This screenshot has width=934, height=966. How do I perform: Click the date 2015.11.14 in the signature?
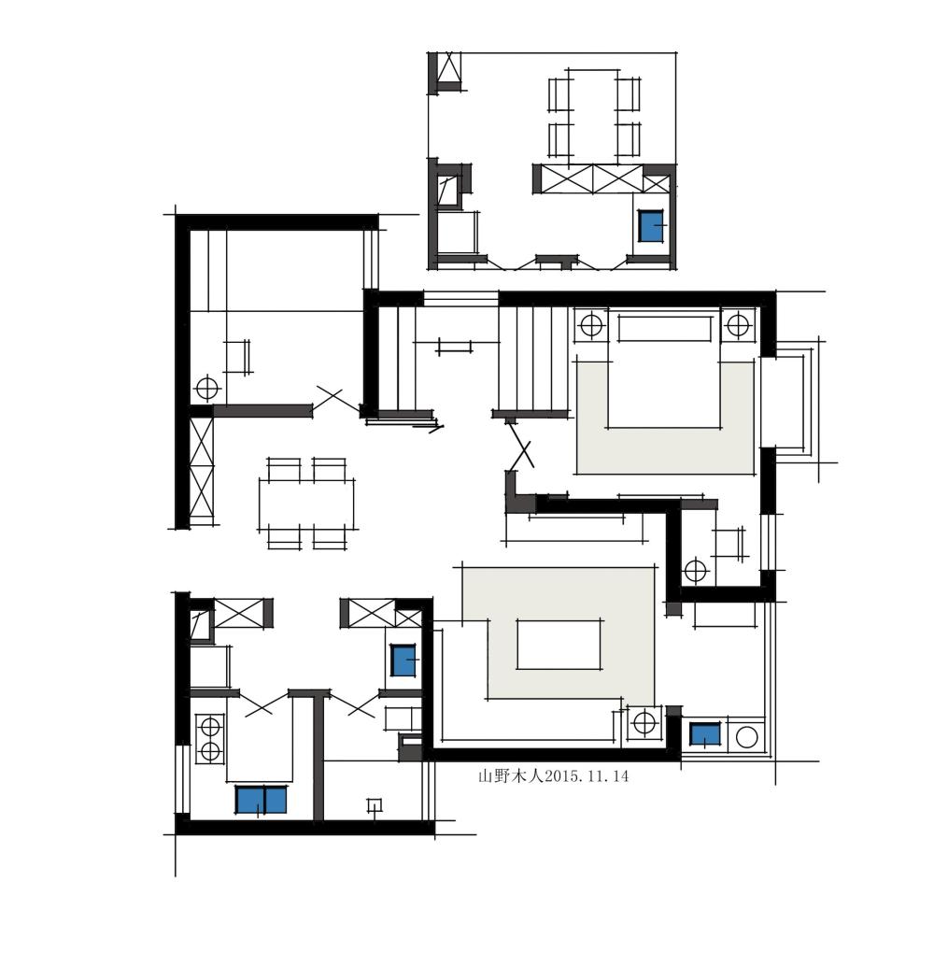[587, 776]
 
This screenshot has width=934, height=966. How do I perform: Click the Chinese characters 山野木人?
[511, 776]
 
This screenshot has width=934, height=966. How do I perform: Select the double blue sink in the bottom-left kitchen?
[262, 800]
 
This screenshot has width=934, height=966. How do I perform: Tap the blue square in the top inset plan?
[651, 225]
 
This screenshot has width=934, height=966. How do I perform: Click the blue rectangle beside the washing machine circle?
[705, 734]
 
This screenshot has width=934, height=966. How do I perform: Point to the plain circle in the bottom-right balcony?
[746, 737]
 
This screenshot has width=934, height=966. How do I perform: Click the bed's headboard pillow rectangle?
[665, 328]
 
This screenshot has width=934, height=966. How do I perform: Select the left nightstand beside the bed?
[591, 324]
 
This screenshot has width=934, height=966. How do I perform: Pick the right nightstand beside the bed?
[738, 324]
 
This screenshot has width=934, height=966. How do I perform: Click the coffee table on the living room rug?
[559, 645]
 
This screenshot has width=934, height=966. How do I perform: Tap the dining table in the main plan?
[306, 504]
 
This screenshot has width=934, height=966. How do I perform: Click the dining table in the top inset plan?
[594, 117]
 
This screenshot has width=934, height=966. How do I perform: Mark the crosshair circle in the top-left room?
[207, 389]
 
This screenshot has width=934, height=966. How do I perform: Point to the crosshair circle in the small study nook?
[696, 570]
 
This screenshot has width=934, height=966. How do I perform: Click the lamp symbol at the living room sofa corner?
[644, 722]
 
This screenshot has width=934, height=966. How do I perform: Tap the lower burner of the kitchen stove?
[210, 751]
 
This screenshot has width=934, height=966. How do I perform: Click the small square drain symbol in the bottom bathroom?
[374, 805]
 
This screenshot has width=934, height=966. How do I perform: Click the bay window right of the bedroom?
[790, 402]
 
